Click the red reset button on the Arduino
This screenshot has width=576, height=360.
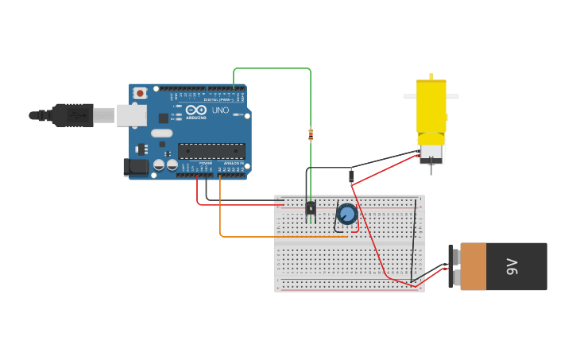coord(140,93)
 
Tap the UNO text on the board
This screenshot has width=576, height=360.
coord(220,110)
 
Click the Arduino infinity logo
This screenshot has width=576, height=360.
coord(196,110)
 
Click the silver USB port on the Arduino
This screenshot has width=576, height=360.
coord(131,115)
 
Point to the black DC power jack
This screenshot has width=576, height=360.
coord(136,167)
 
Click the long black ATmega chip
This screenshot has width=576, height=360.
coord(211,150)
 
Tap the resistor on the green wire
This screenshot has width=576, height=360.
coord(311,134)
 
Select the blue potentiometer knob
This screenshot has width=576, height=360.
coord(347,214)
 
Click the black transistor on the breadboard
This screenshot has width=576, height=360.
coord(311,208)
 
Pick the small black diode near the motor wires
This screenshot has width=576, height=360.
coord(351,176)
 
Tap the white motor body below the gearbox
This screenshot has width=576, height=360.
coord(431,153)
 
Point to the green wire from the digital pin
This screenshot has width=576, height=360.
coord(270,69)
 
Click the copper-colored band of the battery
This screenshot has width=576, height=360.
coord(474,266)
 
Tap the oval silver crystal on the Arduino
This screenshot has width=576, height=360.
coord(161,134)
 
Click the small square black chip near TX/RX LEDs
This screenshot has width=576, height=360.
coord(163,118)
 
